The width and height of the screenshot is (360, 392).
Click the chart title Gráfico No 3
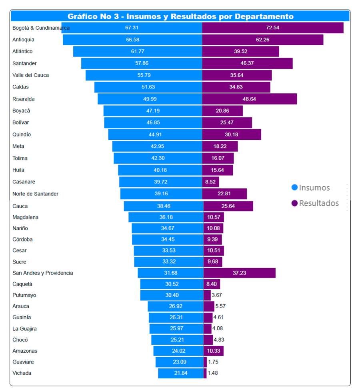point(180,16)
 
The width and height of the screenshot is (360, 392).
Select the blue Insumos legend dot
point(295,187)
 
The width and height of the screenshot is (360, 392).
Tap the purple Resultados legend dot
point(295,203)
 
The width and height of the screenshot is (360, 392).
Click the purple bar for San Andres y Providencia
point(239,273)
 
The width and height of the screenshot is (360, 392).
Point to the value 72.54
point(272,28)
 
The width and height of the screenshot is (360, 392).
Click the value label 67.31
point(132,28)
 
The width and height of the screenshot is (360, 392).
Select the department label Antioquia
point(24,40)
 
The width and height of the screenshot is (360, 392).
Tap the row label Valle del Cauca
point(31,75)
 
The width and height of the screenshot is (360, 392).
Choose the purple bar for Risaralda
point(250,99)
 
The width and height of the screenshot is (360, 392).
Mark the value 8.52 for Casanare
point(210,182)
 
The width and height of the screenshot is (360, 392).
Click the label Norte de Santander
point(36,194)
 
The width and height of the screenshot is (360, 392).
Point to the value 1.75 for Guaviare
point(213,362)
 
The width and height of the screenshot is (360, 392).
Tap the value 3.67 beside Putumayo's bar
point(216,295)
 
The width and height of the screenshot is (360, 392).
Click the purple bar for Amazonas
point(213,351)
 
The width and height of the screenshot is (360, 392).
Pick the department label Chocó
point(20,340)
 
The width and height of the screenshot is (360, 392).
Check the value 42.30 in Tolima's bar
point(157,158)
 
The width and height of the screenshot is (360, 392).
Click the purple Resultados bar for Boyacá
point(222,111)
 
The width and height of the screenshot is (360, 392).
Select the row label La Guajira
point(25,329)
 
